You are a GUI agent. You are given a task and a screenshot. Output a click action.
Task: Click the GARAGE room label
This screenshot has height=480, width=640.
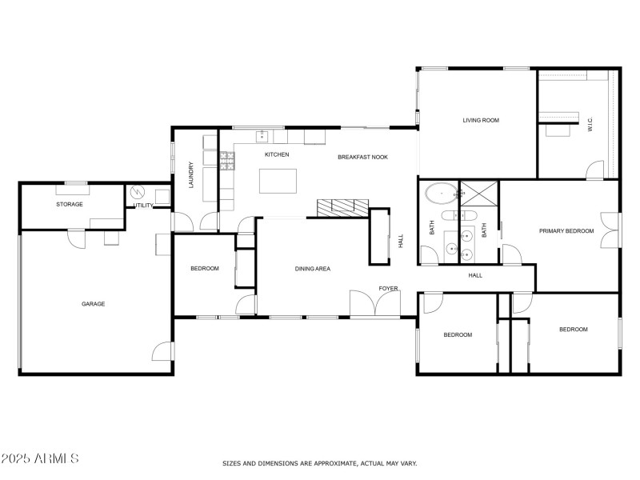[93, 304]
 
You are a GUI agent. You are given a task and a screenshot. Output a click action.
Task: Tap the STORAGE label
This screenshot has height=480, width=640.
[70, 204]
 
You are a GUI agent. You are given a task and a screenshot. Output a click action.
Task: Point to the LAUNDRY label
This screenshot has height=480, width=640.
[191, 176]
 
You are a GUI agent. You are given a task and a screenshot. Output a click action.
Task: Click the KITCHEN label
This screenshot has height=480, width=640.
[277, 154]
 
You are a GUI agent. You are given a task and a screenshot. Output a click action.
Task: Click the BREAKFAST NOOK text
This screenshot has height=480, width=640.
[362, 157]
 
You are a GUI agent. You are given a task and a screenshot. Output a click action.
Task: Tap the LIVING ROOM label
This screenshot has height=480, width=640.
[481, 121]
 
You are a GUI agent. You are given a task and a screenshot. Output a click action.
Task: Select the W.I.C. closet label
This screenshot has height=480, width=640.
[590, 125]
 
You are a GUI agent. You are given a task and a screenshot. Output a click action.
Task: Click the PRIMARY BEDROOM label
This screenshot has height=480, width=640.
[566, 231]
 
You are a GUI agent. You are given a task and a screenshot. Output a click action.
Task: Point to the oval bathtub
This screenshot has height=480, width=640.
[439, 193]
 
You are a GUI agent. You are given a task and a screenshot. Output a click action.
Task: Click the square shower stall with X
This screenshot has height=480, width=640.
[479, 194]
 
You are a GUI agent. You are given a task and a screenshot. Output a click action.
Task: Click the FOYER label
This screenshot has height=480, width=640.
[389, 289]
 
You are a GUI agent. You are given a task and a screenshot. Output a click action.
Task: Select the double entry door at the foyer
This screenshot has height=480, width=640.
[374, 304]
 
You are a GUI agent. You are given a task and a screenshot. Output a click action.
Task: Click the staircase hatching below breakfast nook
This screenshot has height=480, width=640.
[343, 206]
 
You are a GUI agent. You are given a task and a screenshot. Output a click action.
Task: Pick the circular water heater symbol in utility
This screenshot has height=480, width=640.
[136, 193]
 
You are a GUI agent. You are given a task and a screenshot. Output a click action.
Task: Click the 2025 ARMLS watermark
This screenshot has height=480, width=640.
[40, 459]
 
